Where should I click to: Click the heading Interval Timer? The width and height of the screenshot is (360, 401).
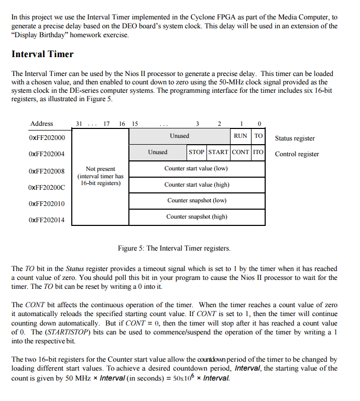tap(42, 54)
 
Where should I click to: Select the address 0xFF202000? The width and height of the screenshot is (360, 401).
tap(47, 138)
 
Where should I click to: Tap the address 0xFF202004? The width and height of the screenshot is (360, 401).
tap(47, 155)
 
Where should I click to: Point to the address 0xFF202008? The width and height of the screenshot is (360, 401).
tap(47, 171)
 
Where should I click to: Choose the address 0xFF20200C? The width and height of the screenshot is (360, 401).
tap(47, 187)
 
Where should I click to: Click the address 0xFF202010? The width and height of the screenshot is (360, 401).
tap(47, 203)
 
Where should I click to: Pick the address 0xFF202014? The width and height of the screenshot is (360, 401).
tap(47, 220)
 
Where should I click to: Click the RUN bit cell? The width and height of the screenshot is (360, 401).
tap(241, 136)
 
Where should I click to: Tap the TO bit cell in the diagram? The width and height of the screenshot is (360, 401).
tap(258, 136)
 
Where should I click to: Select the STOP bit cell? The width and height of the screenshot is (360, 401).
tap(197, 153)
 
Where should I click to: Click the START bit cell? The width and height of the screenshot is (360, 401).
tap(218, 153)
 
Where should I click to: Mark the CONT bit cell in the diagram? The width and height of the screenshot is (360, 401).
tap(241, 153)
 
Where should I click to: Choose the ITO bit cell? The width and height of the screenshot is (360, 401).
tap(258, 153)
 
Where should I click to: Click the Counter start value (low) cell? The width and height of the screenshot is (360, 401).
tap(197, 169)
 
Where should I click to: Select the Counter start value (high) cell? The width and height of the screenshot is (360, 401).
tap(197, 185)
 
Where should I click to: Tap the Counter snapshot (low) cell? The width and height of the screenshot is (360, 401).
tap(197, 201)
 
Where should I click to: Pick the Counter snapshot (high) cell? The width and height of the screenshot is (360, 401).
tap(197, 217)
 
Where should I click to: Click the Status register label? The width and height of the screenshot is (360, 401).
tap(295, 138)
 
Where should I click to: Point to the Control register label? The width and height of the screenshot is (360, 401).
tap(297, 154)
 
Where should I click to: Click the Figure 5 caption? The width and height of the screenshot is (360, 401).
tap(174, 248)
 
